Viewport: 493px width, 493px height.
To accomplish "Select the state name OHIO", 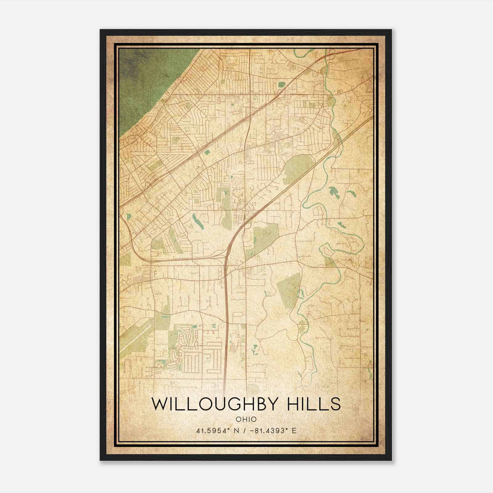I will (246, 419).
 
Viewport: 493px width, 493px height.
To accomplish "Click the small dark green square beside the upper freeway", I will (206, 152).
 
